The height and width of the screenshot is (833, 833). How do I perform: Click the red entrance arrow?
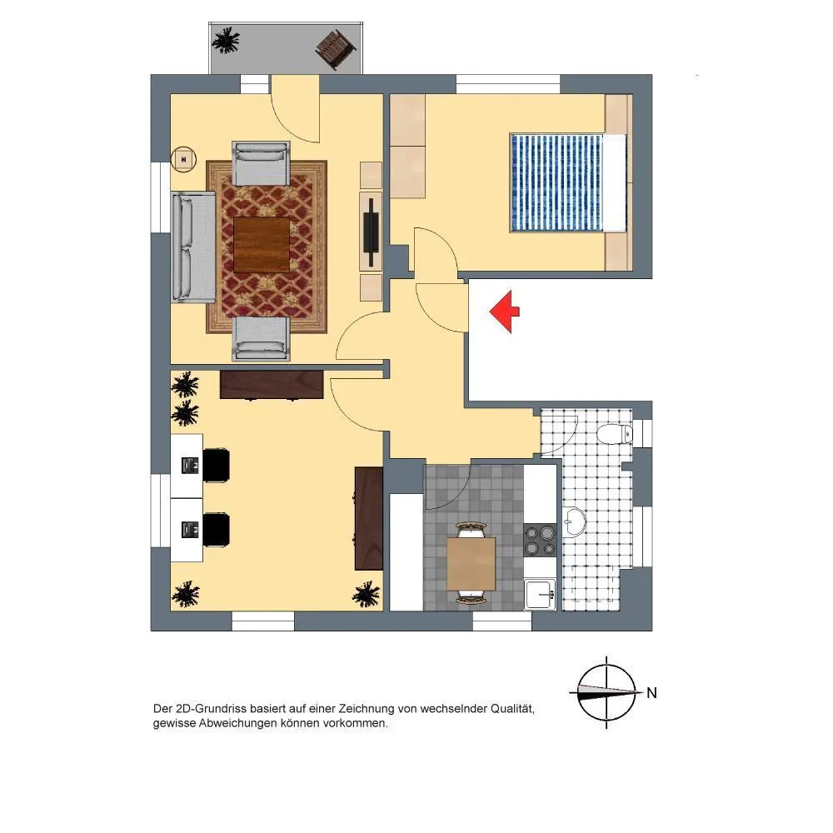(504, 312)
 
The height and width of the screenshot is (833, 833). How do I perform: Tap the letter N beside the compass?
(652, 693)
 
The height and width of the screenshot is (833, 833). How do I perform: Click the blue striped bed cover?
(556, 182)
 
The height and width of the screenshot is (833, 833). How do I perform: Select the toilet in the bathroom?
(615, 434)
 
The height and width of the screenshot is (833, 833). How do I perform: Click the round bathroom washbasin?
(574, 522)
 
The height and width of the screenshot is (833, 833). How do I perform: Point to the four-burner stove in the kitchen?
(540, 540)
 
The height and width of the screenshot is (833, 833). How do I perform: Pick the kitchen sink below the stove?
(540, 594)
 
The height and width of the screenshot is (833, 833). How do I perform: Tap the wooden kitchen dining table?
(471, 564)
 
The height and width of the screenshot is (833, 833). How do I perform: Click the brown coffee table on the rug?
(262, 245)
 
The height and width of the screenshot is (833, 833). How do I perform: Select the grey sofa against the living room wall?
(193, 247)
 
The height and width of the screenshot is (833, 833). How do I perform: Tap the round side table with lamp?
(184, 159)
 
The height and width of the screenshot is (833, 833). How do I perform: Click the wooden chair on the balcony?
(336, 49)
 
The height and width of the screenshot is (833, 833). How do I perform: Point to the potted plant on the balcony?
(226, 40)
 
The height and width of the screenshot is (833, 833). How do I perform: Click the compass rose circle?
(606, 693)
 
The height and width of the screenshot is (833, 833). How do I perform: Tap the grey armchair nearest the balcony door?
(262, 163)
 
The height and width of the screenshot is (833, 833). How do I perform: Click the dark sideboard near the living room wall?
(272, 384)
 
